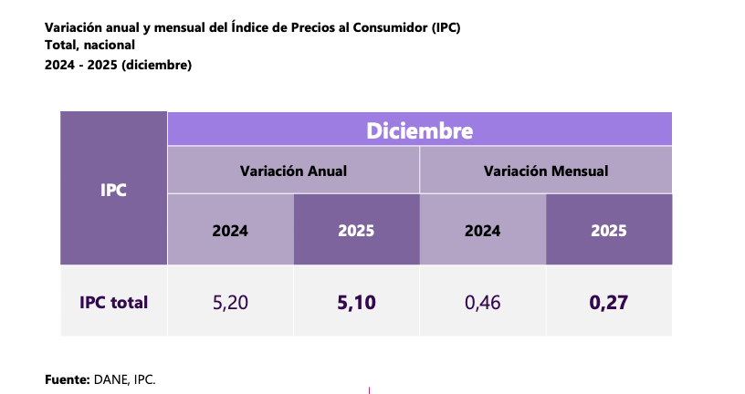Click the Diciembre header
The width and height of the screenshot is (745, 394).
[x=419, y=130]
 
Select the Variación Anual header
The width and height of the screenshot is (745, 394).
[x=293, y=171]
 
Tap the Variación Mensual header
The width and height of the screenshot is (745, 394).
[x=546, y=171]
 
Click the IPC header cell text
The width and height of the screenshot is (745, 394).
[x=113, y=191]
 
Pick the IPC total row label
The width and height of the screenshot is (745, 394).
[x=113, y=302]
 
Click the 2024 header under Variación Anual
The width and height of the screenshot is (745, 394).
[x=230, y=231]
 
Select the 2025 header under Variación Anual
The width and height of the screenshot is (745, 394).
[x=356, y=231]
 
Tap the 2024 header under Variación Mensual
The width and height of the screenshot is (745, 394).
[x=482, y=231]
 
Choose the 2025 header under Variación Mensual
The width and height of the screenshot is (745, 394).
[x=609, y=231]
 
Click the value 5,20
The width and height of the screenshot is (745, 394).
[x=230, y=302]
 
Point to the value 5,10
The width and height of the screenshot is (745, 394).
[x=356, y=302]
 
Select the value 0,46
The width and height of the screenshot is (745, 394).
[x=482, y=302]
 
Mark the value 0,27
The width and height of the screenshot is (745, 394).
[x=609, y=302]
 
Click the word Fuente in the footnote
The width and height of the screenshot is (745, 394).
[x=67, y=378]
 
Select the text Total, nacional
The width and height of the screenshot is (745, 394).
[x=89, y=45]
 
